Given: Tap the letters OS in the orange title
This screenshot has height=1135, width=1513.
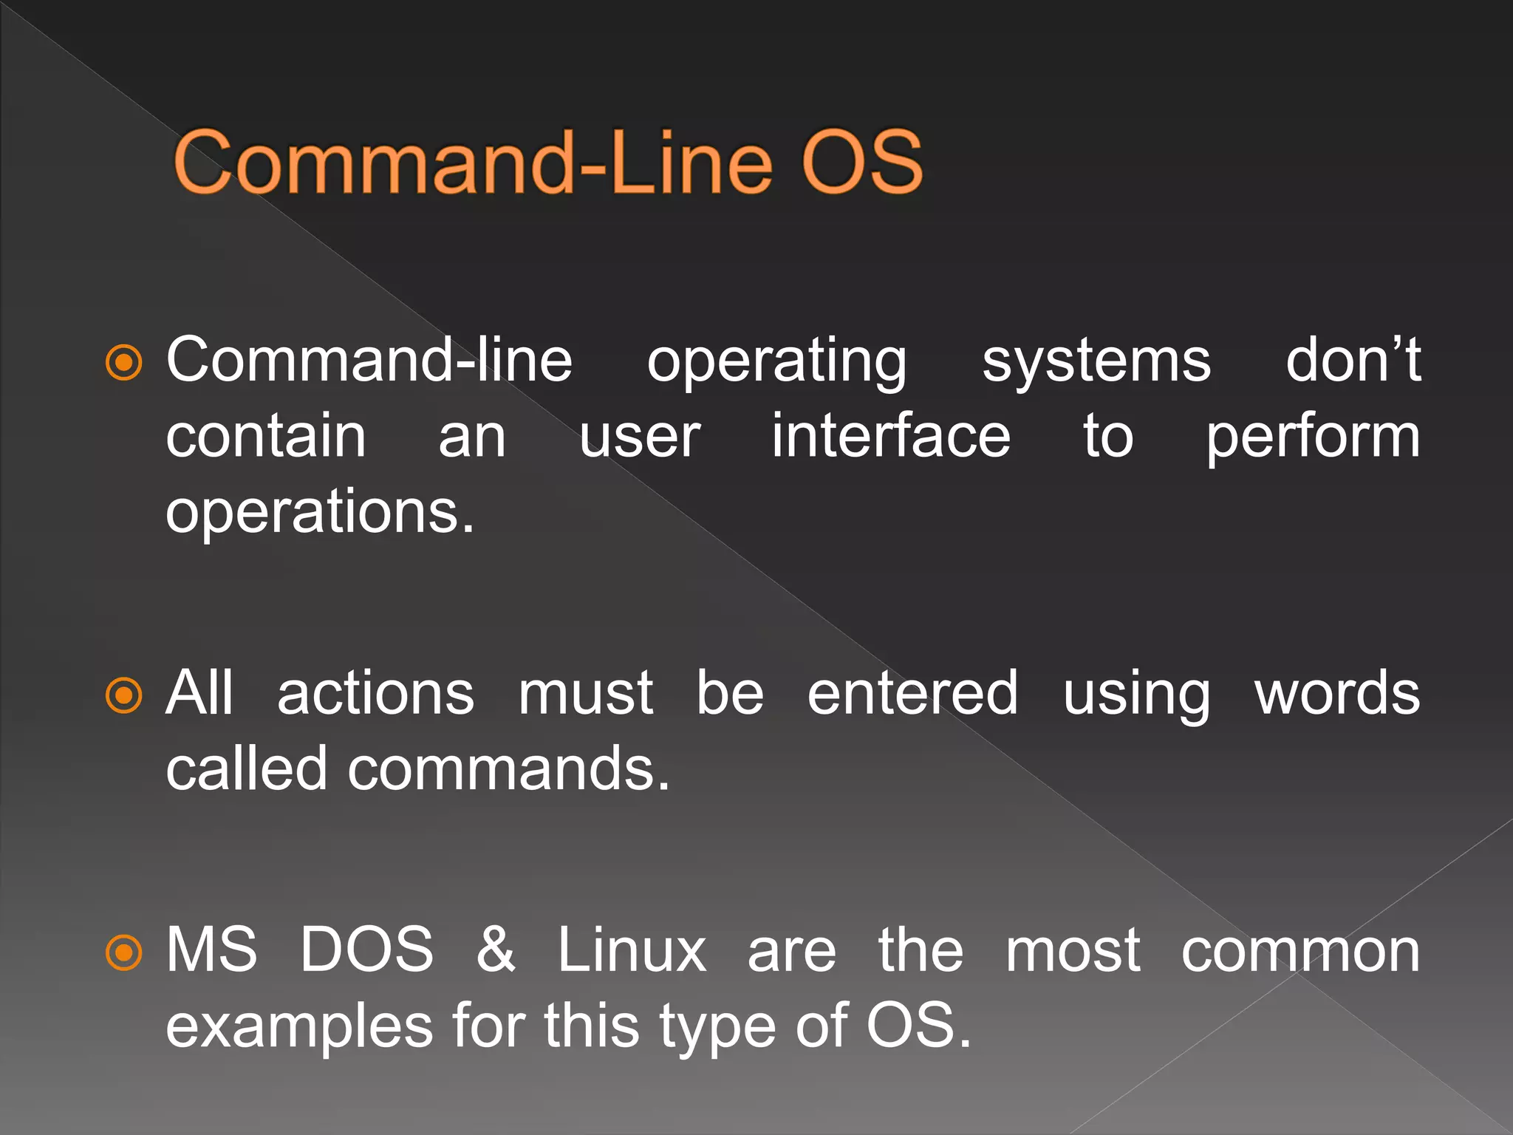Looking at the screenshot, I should (861, 162).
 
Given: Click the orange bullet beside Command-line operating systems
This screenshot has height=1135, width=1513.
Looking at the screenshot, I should (123, 362).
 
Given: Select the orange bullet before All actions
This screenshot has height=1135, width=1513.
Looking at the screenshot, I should (123, 695).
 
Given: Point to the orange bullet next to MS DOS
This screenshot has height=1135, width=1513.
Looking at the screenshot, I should (123, 952).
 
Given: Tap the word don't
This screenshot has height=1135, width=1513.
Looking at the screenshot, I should (1352, 360).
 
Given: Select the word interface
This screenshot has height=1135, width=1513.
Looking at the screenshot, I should (890, 437).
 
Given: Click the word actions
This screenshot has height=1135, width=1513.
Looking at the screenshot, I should (375, 695).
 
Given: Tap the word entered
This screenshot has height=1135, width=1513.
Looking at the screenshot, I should (912, 695).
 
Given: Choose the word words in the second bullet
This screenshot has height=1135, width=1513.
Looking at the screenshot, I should (1337, 695).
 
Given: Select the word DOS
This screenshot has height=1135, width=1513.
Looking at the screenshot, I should (366, 950).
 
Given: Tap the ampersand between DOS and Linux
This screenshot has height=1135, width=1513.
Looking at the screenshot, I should (495, 950).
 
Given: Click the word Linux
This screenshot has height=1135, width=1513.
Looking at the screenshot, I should (632, 950).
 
